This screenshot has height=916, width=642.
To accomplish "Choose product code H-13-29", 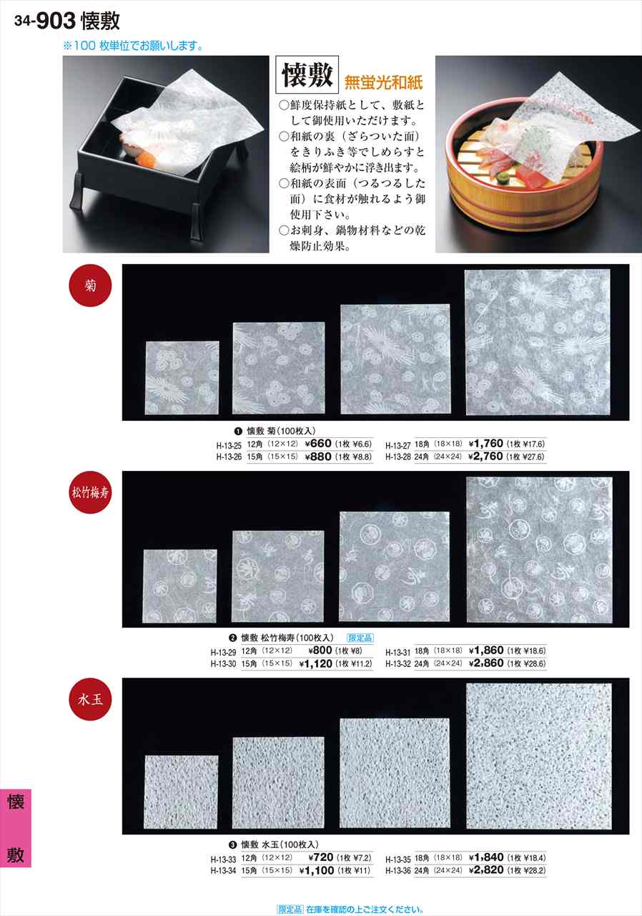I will tap(226, 651).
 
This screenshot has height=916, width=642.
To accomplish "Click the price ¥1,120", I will tap(315, 663).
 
